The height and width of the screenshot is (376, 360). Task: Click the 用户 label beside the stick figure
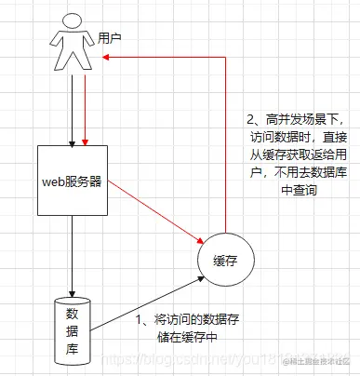111,39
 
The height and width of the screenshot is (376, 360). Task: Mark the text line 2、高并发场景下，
295,119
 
